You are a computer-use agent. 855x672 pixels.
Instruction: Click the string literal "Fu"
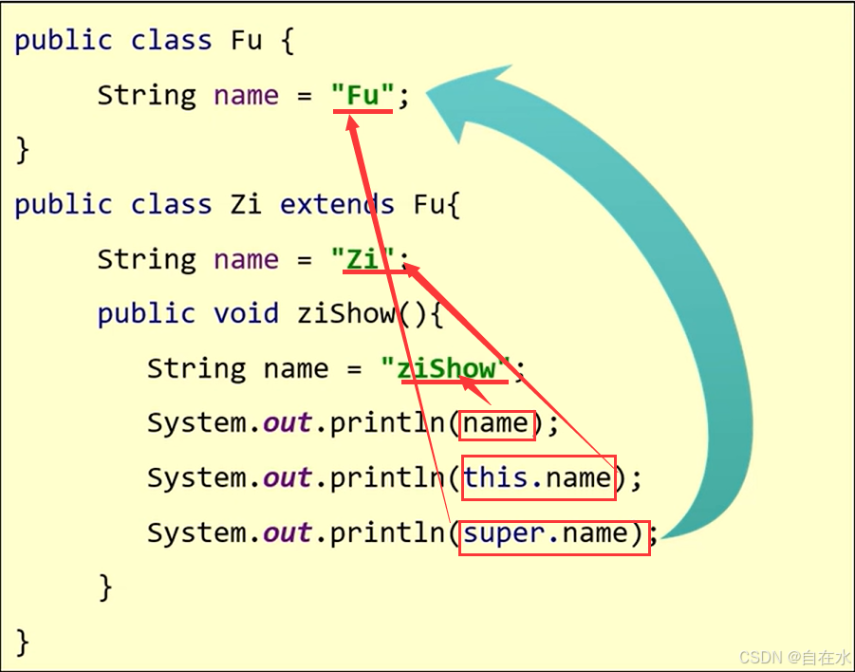point(362,95)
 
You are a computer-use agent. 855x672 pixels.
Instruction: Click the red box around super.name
point(554,535)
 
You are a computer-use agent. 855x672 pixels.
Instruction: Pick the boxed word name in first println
point(497,423)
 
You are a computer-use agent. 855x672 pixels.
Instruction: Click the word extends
point(337,204)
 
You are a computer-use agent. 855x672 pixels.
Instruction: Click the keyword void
point(245,313)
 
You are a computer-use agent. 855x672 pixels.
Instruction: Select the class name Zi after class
point(246,204)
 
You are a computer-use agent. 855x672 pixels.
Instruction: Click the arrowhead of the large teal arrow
point(470,95)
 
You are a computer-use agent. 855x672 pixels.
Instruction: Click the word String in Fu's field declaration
point(146,95)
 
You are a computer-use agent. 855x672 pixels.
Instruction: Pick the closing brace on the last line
point(23,642)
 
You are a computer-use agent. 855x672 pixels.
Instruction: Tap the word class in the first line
point(172,41)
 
